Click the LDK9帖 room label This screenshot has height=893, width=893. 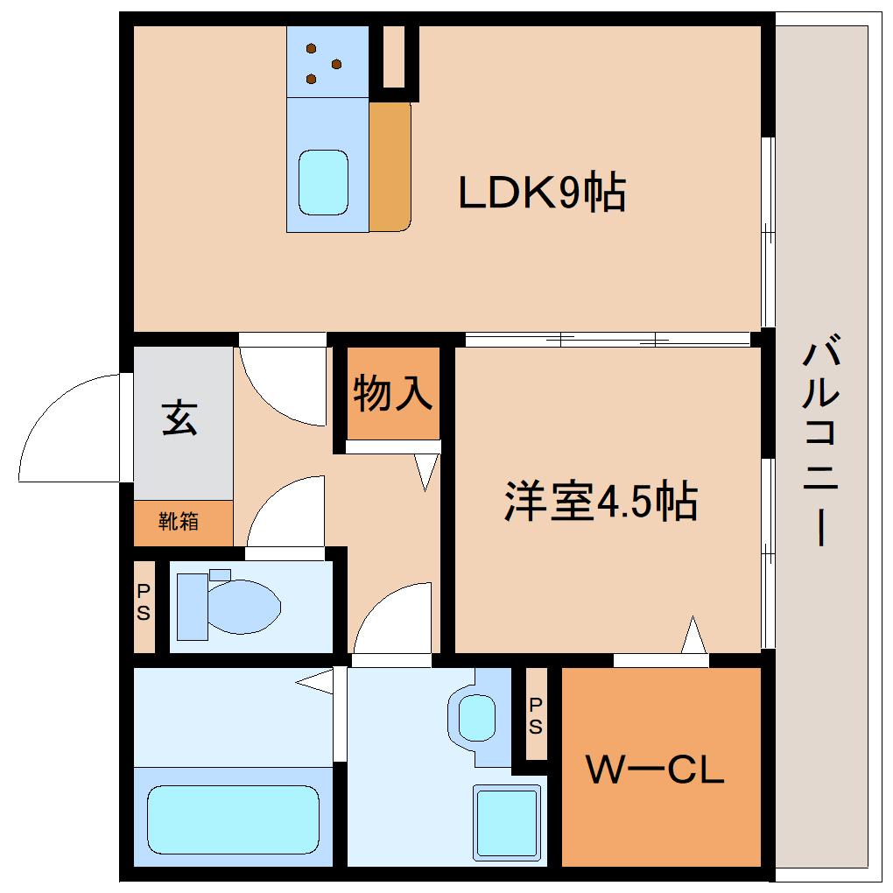(542, 193)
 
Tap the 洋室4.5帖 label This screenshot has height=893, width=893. (601, 502)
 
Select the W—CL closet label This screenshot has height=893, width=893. (656, 770)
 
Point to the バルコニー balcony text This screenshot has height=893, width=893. (821, 444)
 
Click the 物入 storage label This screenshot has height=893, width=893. (393, 393)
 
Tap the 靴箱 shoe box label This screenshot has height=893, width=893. (179, 522)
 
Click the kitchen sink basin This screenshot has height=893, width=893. (323, 182)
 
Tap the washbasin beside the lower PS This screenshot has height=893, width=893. (475, 715)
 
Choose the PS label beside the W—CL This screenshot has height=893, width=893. (535, 714)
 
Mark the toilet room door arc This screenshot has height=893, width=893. (285, 512)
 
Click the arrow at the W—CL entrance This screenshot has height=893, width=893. (693, 634)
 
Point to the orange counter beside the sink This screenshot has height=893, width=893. (390, 166)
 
